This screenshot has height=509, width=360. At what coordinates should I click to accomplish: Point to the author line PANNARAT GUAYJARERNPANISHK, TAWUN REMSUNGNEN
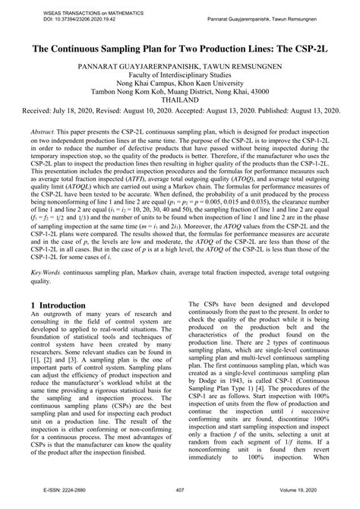[179, 67]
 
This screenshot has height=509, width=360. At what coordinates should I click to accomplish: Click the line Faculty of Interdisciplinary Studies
[179, 77]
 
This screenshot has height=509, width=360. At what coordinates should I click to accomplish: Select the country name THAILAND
[179, 108]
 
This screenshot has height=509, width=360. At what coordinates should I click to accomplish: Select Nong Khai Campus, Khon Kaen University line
[179, 87]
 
